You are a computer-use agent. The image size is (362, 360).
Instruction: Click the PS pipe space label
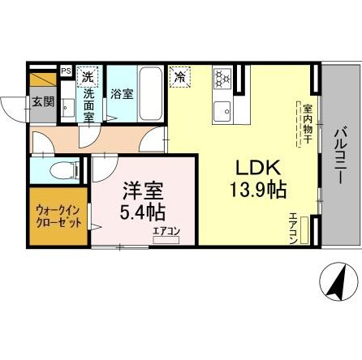click(x=66, y=71)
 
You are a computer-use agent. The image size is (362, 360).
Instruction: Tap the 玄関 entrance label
click(x=43, y=102)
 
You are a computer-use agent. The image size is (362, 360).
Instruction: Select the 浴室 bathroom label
click(x=122, y=93)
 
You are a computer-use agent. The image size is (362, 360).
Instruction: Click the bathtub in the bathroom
click(x=150, y=93)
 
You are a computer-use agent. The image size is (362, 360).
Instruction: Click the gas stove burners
click(x=222, y=79)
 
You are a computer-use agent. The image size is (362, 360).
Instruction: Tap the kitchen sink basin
click(x=222, y=112)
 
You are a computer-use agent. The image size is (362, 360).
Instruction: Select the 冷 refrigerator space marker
click(x=180, y=77)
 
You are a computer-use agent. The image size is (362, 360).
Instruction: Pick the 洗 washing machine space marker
click(x=88, y=76)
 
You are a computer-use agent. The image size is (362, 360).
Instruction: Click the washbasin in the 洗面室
click(x=67, y=108)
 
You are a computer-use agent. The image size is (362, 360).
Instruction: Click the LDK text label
click(x=258, y=169)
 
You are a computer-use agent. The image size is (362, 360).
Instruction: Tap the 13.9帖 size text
click(x=258, y=190)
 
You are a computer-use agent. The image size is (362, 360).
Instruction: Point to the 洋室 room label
click(x=143, y=191)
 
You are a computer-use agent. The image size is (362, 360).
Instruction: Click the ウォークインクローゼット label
click(x=58, y=216)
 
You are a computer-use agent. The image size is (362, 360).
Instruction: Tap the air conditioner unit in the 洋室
click(x=166, y=240)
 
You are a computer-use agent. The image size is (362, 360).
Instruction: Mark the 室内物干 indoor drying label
click(x=308, y=123)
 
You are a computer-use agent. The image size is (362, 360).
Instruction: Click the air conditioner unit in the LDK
click(x=304, y=230)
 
